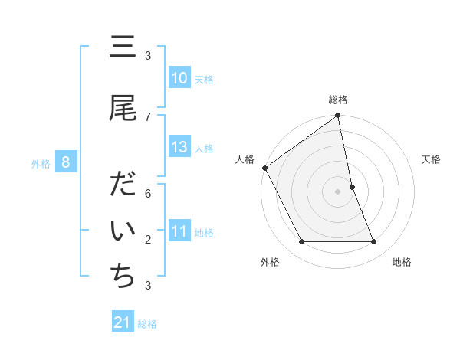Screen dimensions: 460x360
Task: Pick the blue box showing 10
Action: point(179,78)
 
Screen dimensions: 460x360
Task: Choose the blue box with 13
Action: point(179,147)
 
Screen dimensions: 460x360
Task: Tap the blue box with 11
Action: point(179,231)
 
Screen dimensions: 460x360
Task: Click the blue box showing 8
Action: point(67,162)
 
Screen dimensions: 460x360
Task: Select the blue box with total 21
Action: point(123,322)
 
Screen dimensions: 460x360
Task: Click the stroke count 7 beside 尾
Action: point(148,116)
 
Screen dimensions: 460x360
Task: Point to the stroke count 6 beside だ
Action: point(148,194)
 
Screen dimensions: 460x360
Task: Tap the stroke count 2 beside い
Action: point(148,240)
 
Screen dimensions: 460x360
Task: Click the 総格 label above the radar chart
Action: point(338,100)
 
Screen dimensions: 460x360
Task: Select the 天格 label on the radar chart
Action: point(432,159)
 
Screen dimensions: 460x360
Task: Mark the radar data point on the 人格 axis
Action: point(264,168)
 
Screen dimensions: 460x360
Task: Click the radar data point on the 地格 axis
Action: point(374,242)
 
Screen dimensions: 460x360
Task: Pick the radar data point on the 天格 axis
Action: point(352,187)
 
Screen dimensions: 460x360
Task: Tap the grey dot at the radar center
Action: point(337,191)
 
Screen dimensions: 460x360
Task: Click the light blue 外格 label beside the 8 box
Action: point(41,162)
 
